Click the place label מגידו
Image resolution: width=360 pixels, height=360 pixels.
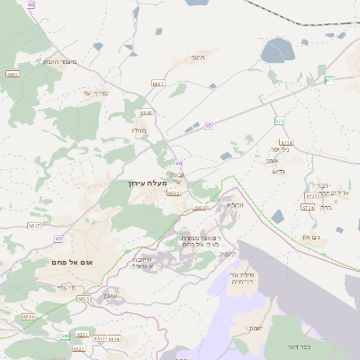(x=139, y=131)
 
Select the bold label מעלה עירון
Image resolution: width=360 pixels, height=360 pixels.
(x=148, y=182)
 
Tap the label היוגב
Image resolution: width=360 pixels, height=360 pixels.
(x=198, y=57)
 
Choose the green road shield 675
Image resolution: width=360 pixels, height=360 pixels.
(x=280, y=121)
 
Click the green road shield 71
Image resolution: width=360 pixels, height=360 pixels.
(x=329, y=80)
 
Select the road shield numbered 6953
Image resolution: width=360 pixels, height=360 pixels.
(x=12, y=74)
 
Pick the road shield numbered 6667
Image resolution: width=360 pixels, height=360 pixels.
(x=158, y=83)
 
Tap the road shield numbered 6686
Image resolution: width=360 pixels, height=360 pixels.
(x=147, y=112)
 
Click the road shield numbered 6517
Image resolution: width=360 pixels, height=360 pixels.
(x=34, y=225)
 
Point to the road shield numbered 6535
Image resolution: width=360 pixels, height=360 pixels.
(x=84, y=298)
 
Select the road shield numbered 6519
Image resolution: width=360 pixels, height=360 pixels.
(x=29, y=317)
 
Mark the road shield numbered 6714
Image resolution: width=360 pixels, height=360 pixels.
(x=286, y=142)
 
